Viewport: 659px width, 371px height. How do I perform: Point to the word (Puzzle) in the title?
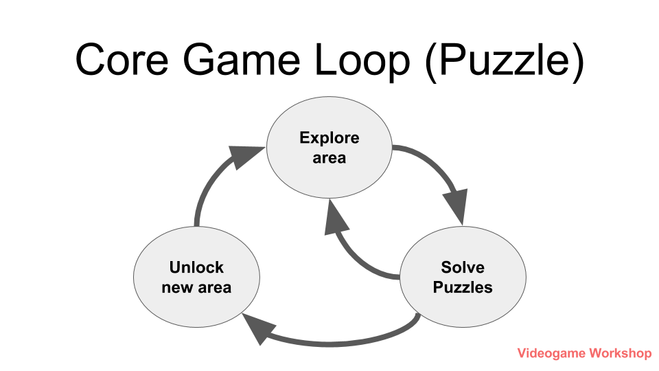(x=505, y=60)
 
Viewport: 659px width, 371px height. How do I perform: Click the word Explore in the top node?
(x=329, y=137)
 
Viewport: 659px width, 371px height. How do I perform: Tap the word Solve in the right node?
(x=462, y=267)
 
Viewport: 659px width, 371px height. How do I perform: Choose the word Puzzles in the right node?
(x=462, y=287)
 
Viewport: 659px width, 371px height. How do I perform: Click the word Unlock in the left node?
(x=196, y=267)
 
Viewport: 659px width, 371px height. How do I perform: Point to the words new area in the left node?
(x=196, y=287)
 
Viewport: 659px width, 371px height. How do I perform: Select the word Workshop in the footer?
(x=620, y=353)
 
